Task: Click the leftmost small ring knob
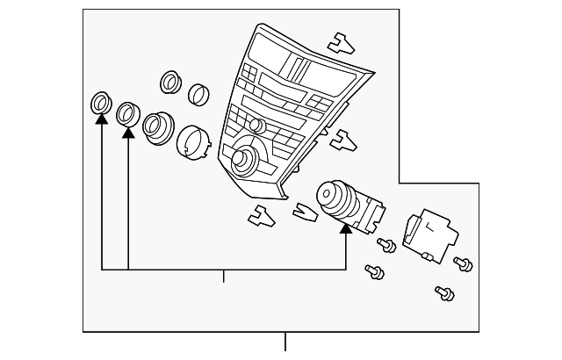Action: [x=101, y=104]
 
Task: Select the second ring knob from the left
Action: [x=128, y=112]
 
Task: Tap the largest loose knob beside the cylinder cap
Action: [x=157, y=127]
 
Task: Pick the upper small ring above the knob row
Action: [x=170, y=83]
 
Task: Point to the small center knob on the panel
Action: [x=256, y=126]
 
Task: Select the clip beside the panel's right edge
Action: [x=342, y=139]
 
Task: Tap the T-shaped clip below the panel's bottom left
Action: [x=261, y=214]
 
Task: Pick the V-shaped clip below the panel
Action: [x=305, y=212]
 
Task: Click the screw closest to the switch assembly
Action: [x=385, y=245]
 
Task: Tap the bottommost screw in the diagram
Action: [x=444, y=292]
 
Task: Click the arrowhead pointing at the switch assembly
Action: [x=345, y=228]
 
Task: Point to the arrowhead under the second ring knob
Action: [x=128, y=132]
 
